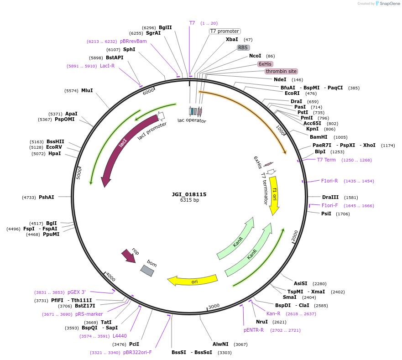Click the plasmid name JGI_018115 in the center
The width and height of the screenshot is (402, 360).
189,194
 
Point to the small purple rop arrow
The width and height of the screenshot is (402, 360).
129,256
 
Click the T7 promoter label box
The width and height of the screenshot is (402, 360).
224,31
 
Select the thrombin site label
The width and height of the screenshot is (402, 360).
281,71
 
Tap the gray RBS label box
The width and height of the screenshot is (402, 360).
243,47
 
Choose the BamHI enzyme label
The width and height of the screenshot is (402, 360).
318,137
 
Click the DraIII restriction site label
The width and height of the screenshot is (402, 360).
330,198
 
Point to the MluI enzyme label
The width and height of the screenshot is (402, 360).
87,90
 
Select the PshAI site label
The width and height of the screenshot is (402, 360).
46,197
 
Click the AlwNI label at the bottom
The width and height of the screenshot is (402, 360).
220,344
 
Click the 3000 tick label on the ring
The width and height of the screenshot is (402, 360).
214,306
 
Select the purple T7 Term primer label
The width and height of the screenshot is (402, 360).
326,160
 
